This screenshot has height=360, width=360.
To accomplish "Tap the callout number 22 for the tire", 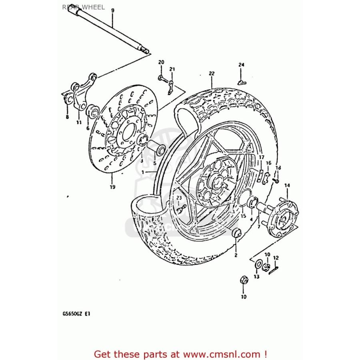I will coord(212,74).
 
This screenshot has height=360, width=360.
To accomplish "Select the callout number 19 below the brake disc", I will coord(112,187).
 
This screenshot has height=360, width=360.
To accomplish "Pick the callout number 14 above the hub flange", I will coord(287,185).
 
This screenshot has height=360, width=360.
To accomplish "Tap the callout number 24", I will coord(241,65).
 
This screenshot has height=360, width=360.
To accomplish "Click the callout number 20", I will coord(161,62).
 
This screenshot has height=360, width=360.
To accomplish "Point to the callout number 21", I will coord(172,69).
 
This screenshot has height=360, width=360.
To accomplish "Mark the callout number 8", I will coord(67,117).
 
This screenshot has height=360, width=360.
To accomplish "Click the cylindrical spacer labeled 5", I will coord(156,148).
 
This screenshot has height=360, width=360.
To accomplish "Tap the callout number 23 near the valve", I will coord(179,198).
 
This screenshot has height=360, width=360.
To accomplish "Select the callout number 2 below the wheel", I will coord(236,255).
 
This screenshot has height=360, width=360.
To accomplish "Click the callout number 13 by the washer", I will coord(256,276).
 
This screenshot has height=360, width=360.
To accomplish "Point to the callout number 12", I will coord(276,258).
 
